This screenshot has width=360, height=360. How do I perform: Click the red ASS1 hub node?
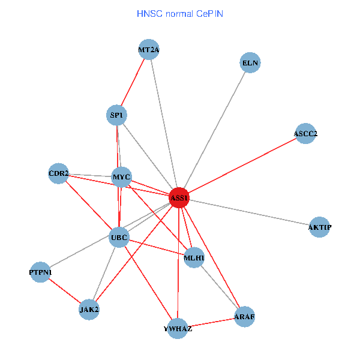click(x=179, y=197)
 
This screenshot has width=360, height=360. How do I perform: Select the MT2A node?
click(x=148, y=50)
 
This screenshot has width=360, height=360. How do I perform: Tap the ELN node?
click(x=250, y=62)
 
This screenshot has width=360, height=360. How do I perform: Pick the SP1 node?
click(x=116, y=115)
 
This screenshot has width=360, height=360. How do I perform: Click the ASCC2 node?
click(x=305, y=134)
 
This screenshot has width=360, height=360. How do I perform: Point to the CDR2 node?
click(x=59, y=174)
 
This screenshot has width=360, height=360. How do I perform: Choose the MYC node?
click(x=122, y=176)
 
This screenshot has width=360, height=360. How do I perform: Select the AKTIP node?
click(x=320, y=227)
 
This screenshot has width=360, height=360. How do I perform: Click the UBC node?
click(x=119, y=238)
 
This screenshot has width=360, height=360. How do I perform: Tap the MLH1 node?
click(x=194, y=258)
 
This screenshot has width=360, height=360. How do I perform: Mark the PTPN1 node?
click(x=40, y=272)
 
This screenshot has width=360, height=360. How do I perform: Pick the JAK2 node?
click(x=89, y=310)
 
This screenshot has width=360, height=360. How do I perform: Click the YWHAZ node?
click(x=178, y=329)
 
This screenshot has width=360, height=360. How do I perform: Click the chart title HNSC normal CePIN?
click(x=180, y=13)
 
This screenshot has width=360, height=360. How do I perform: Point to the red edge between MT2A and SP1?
click(x=133, y=82)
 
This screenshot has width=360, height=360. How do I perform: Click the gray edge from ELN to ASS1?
click(x=215, y=130)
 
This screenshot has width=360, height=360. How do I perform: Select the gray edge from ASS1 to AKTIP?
click(x=249, y=212)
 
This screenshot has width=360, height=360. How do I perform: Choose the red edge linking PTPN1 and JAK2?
click(x=65, y=291)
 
